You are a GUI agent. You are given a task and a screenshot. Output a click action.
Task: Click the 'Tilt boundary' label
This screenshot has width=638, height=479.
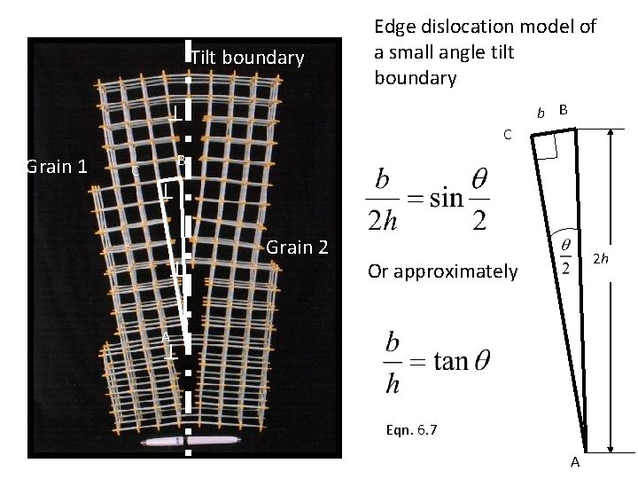[248, 59]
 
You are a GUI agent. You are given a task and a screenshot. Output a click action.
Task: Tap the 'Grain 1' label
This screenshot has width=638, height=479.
[57, 166]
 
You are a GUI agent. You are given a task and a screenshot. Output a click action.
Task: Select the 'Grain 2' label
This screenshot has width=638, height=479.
[297, 247]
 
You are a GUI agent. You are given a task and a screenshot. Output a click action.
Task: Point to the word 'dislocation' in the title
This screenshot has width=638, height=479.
[471, 27]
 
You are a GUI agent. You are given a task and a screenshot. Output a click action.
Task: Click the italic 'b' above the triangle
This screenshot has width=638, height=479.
[541, 113]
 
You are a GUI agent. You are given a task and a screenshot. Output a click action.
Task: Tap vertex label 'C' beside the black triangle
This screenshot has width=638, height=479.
[506, 136]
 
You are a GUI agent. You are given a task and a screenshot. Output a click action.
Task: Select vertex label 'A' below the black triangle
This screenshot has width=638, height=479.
[575, 462]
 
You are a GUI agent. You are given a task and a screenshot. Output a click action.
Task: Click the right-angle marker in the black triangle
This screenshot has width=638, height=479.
[548, 146]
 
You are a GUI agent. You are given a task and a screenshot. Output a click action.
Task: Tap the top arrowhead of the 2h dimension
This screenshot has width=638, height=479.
[612, 132]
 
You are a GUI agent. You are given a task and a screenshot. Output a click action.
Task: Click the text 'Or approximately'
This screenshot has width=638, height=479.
[441, 271]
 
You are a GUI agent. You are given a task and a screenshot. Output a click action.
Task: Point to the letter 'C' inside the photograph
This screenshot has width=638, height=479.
[135, 170]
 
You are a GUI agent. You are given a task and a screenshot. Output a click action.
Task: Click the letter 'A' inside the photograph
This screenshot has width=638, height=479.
[165, 335]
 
